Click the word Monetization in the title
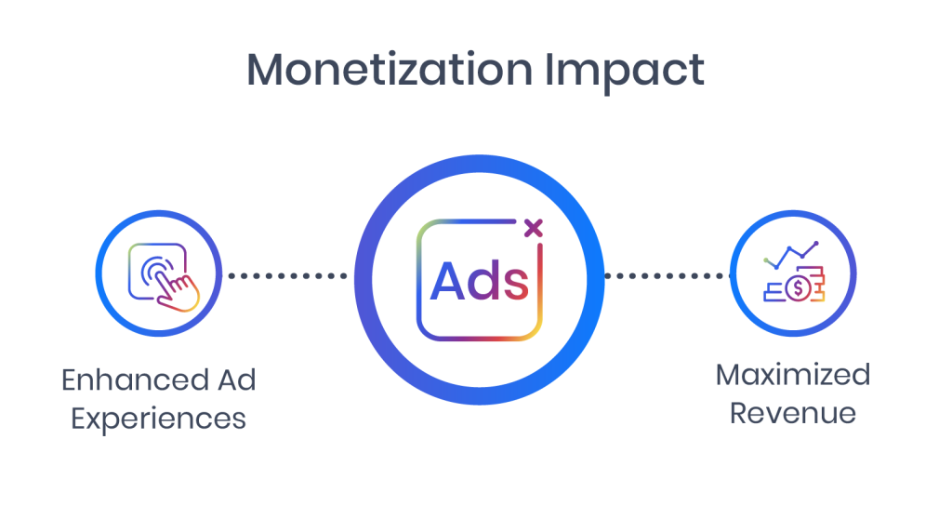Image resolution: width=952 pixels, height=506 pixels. click(x=390, y=69)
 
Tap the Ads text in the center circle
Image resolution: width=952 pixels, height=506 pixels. click(x=480, y=281)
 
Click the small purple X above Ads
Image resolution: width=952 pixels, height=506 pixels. click(x=533, y=229)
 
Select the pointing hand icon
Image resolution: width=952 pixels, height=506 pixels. click(x=178, y=290)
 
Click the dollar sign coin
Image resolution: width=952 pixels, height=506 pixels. click(x=798, y=288)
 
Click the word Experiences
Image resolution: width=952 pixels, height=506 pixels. click(x=158, y=419)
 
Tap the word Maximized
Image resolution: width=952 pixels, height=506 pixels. click(x=793, y=375)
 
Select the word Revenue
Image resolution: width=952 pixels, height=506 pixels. click(x=793, y=414)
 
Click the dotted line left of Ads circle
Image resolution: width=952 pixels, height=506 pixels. click(x=288, y=275)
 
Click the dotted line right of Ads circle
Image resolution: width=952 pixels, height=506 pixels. click(x=668, y=275)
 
